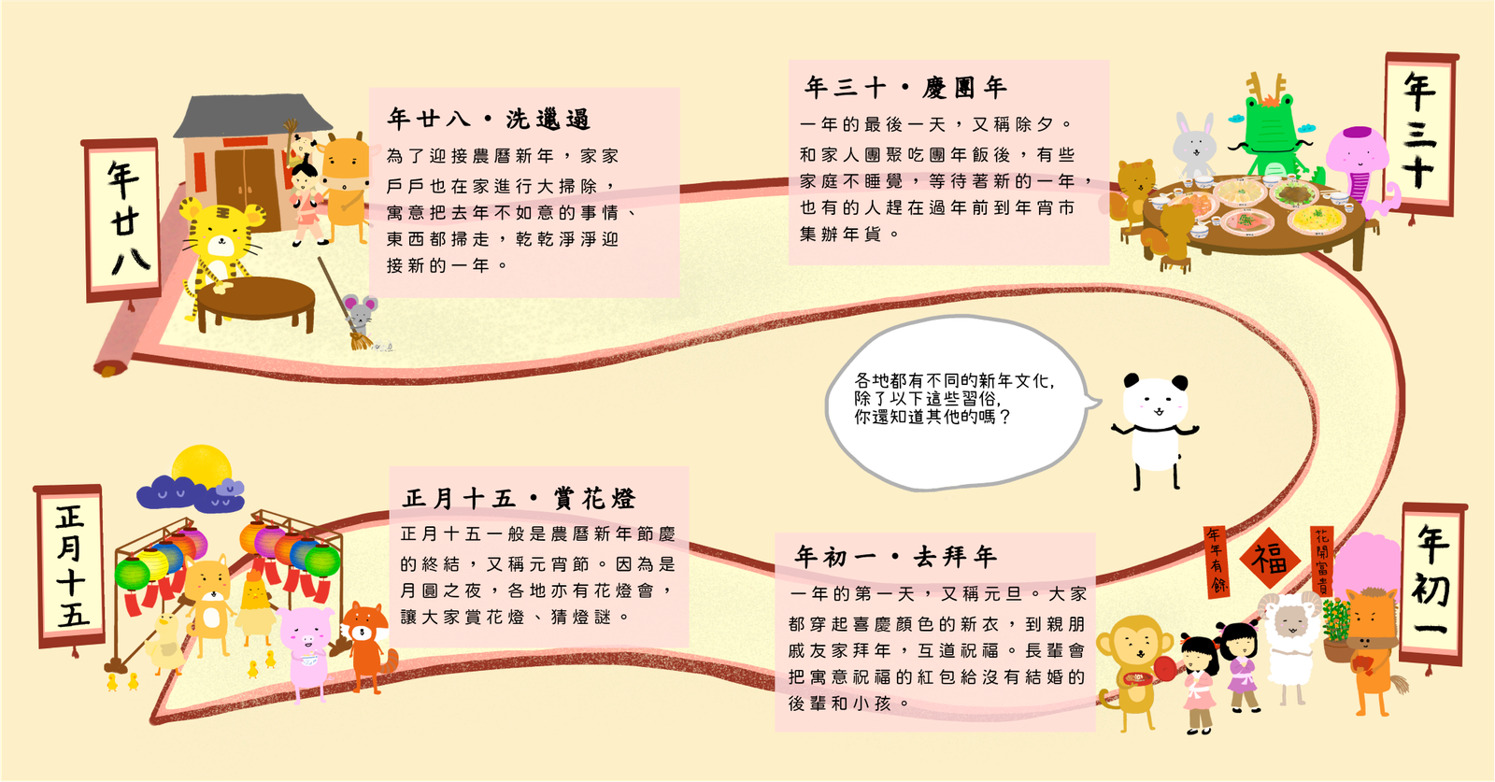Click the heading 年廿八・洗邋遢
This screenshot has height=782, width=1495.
point(489,119)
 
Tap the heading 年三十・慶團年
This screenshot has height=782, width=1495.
point(905,88)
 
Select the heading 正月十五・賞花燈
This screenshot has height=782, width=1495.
point(519,498)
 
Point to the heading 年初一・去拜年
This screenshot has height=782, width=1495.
point(895,557)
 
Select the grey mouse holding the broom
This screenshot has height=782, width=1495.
point(359,314)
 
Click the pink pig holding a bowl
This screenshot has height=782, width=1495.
point(306,649)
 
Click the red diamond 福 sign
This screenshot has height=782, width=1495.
point(1270,559)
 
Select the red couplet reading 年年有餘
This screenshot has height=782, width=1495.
point(1216,561)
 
